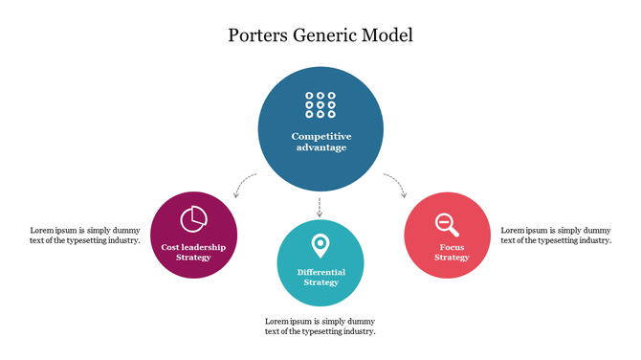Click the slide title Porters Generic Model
click(x=320, y=36)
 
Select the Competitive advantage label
click(x=320, y=142)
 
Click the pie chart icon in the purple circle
click(x=194, y=217)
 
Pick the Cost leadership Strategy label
click(x=193, y=252)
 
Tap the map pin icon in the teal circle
click(x=320, y=246)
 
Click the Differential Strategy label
click(x=320, y=277)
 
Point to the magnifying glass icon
click(x=447, y=224)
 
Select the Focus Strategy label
click(x=452, y=252)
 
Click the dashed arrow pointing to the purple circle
click(x=245, y=183)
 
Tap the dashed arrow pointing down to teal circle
click(x=320, y=207)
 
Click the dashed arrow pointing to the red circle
click(x=396, y=183)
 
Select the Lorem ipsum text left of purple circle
click(x=85, y=236)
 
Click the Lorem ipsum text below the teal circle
click(x=320, y=326)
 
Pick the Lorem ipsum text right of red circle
click(x=556, y=236)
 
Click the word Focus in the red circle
click(x=452, y=246)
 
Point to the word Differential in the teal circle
click(x=320, y=272)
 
